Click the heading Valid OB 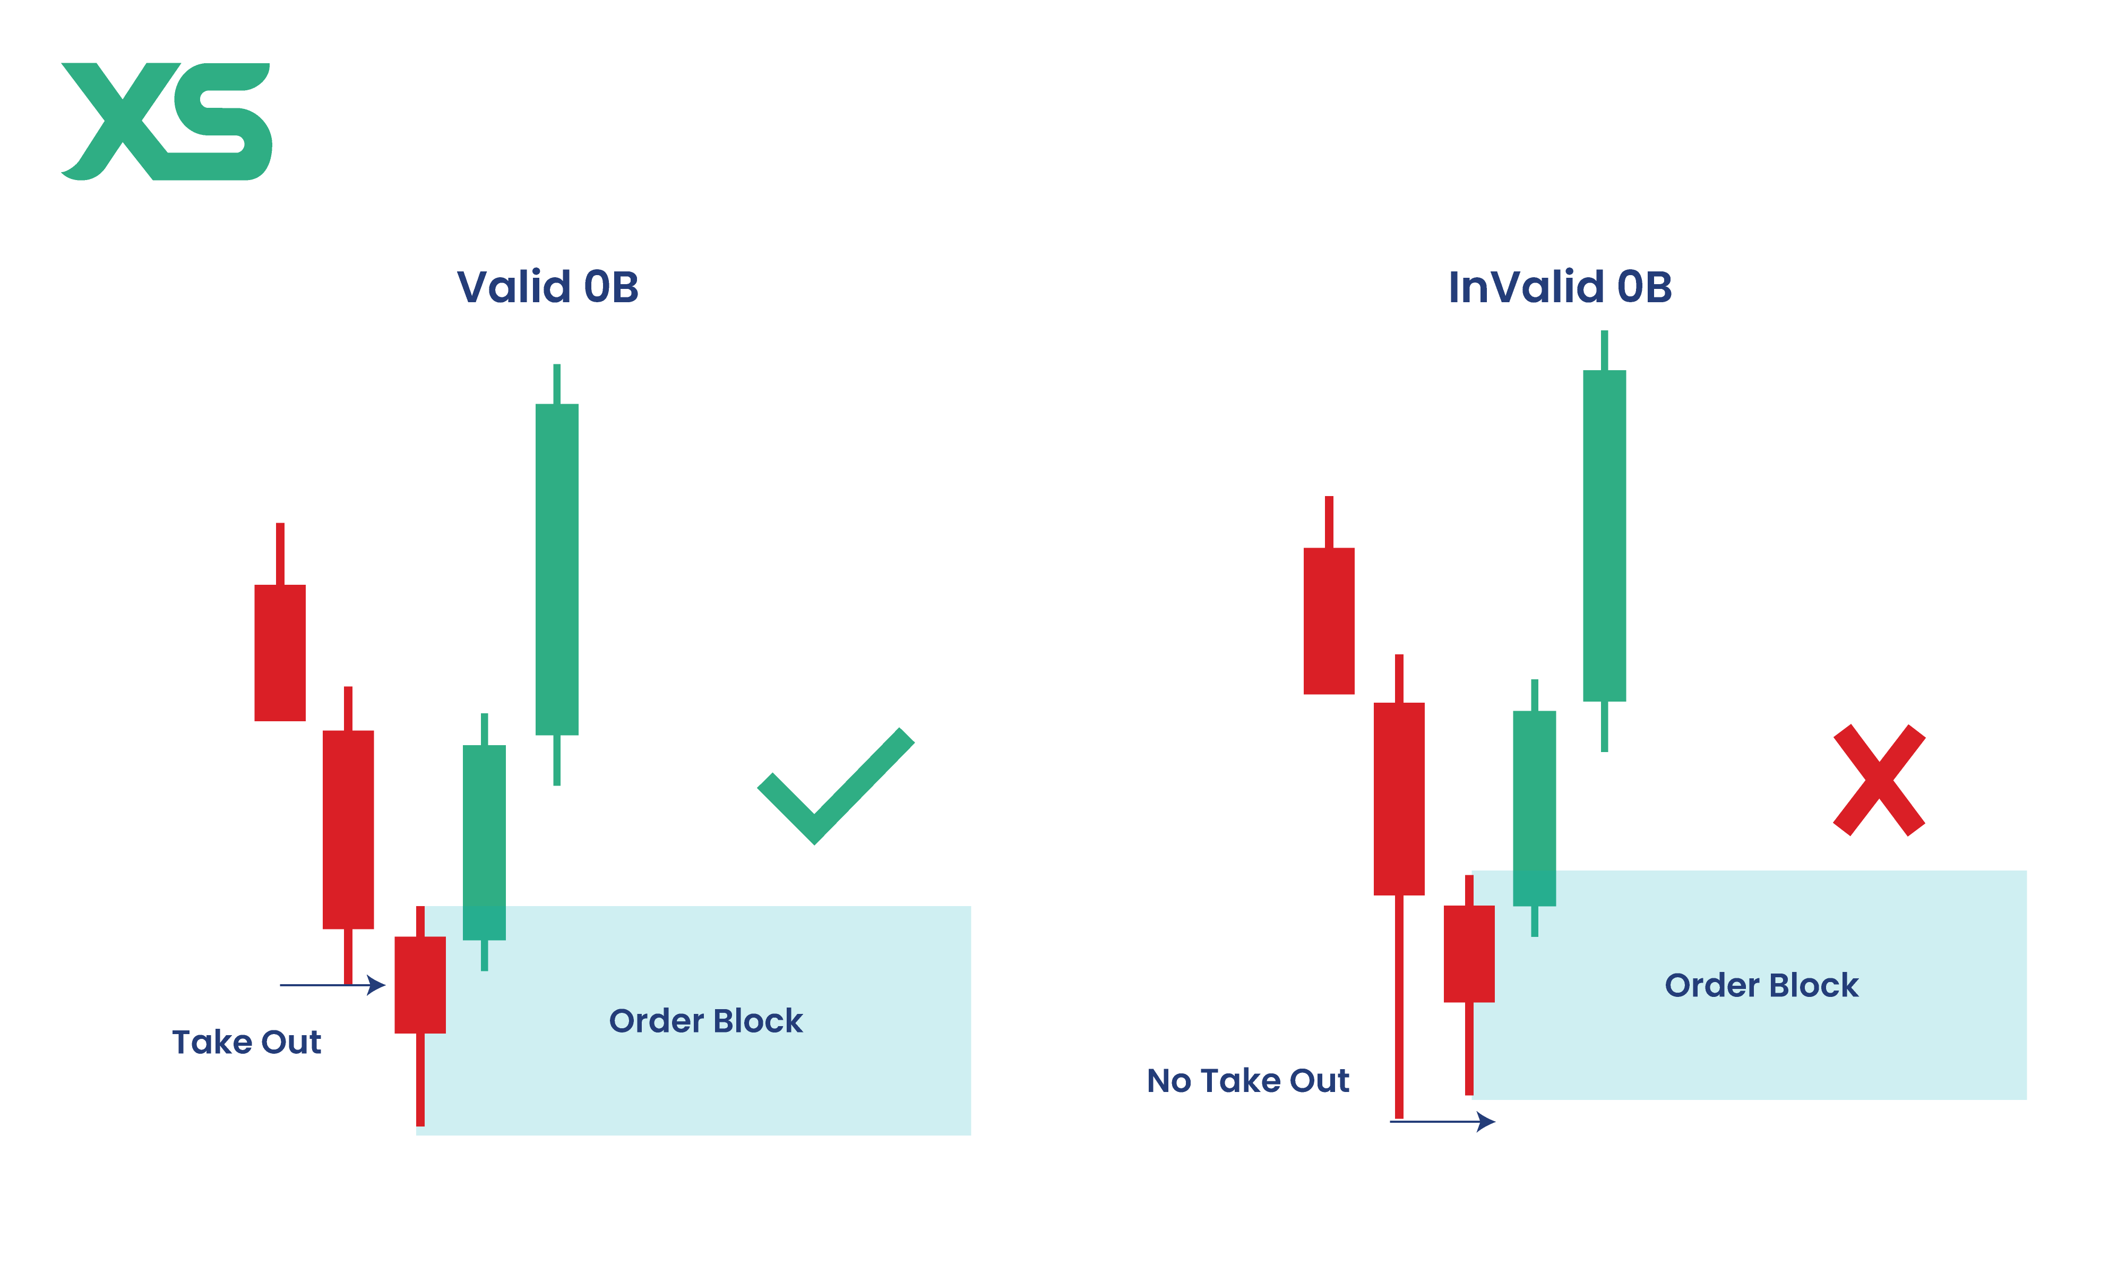click(548, 287)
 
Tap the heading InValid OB click(1560, 287)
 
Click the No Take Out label click(1248, 1080)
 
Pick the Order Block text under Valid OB click(705, 1021)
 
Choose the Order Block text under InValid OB click(1761, 985)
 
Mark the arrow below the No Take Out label click(1444, 1122)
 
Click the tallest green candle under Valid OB click(556, 569)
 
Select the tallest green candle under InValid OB click(1604, 535)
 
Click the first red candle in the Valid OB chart click(280, 652)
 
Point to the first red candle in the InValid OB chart click(1328, 621)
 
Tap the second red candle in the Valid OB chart click(348, 829)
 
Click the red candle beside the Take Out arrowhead click(419, 985)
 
